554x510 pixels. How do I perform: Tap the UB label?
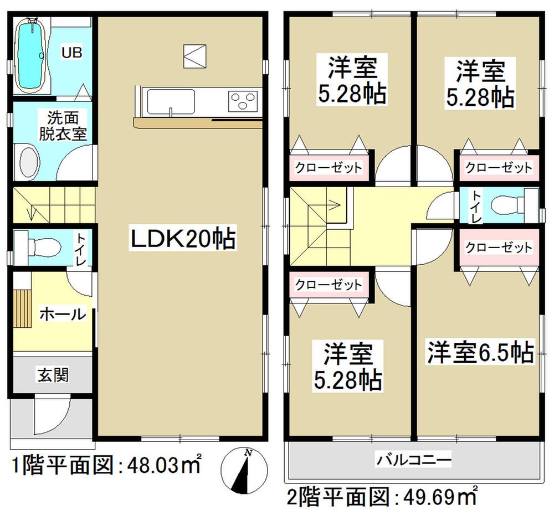(x=71, y=53)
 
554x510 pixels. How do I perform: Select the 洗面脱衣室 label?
(x=63, y=126)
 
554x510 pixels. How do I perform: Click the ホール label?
(x=62, y=315)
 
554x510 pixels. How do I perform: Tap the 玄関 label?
(x=53, y=375)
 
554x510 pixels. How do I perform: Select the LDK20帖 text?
(x=183, y=239)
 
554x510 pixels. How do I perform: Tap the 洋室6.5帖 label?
(x=480, y=353)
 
